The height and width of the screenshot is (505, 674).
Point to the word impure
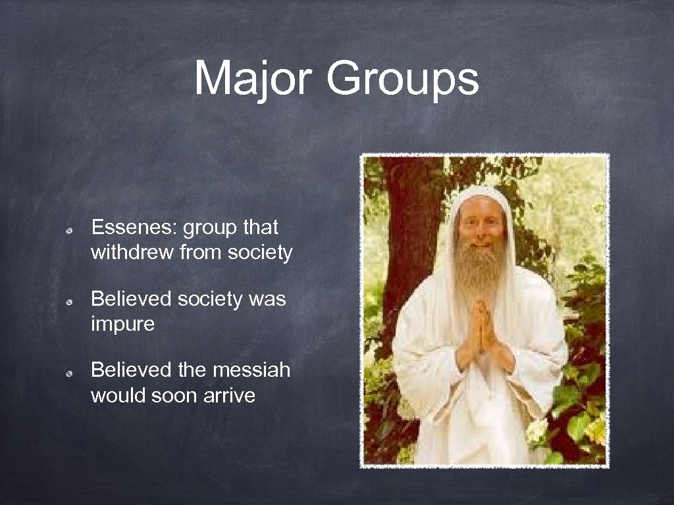click(x=122, y=324)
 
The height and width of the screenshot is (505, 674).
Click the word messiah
click(x=251, y=370)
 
